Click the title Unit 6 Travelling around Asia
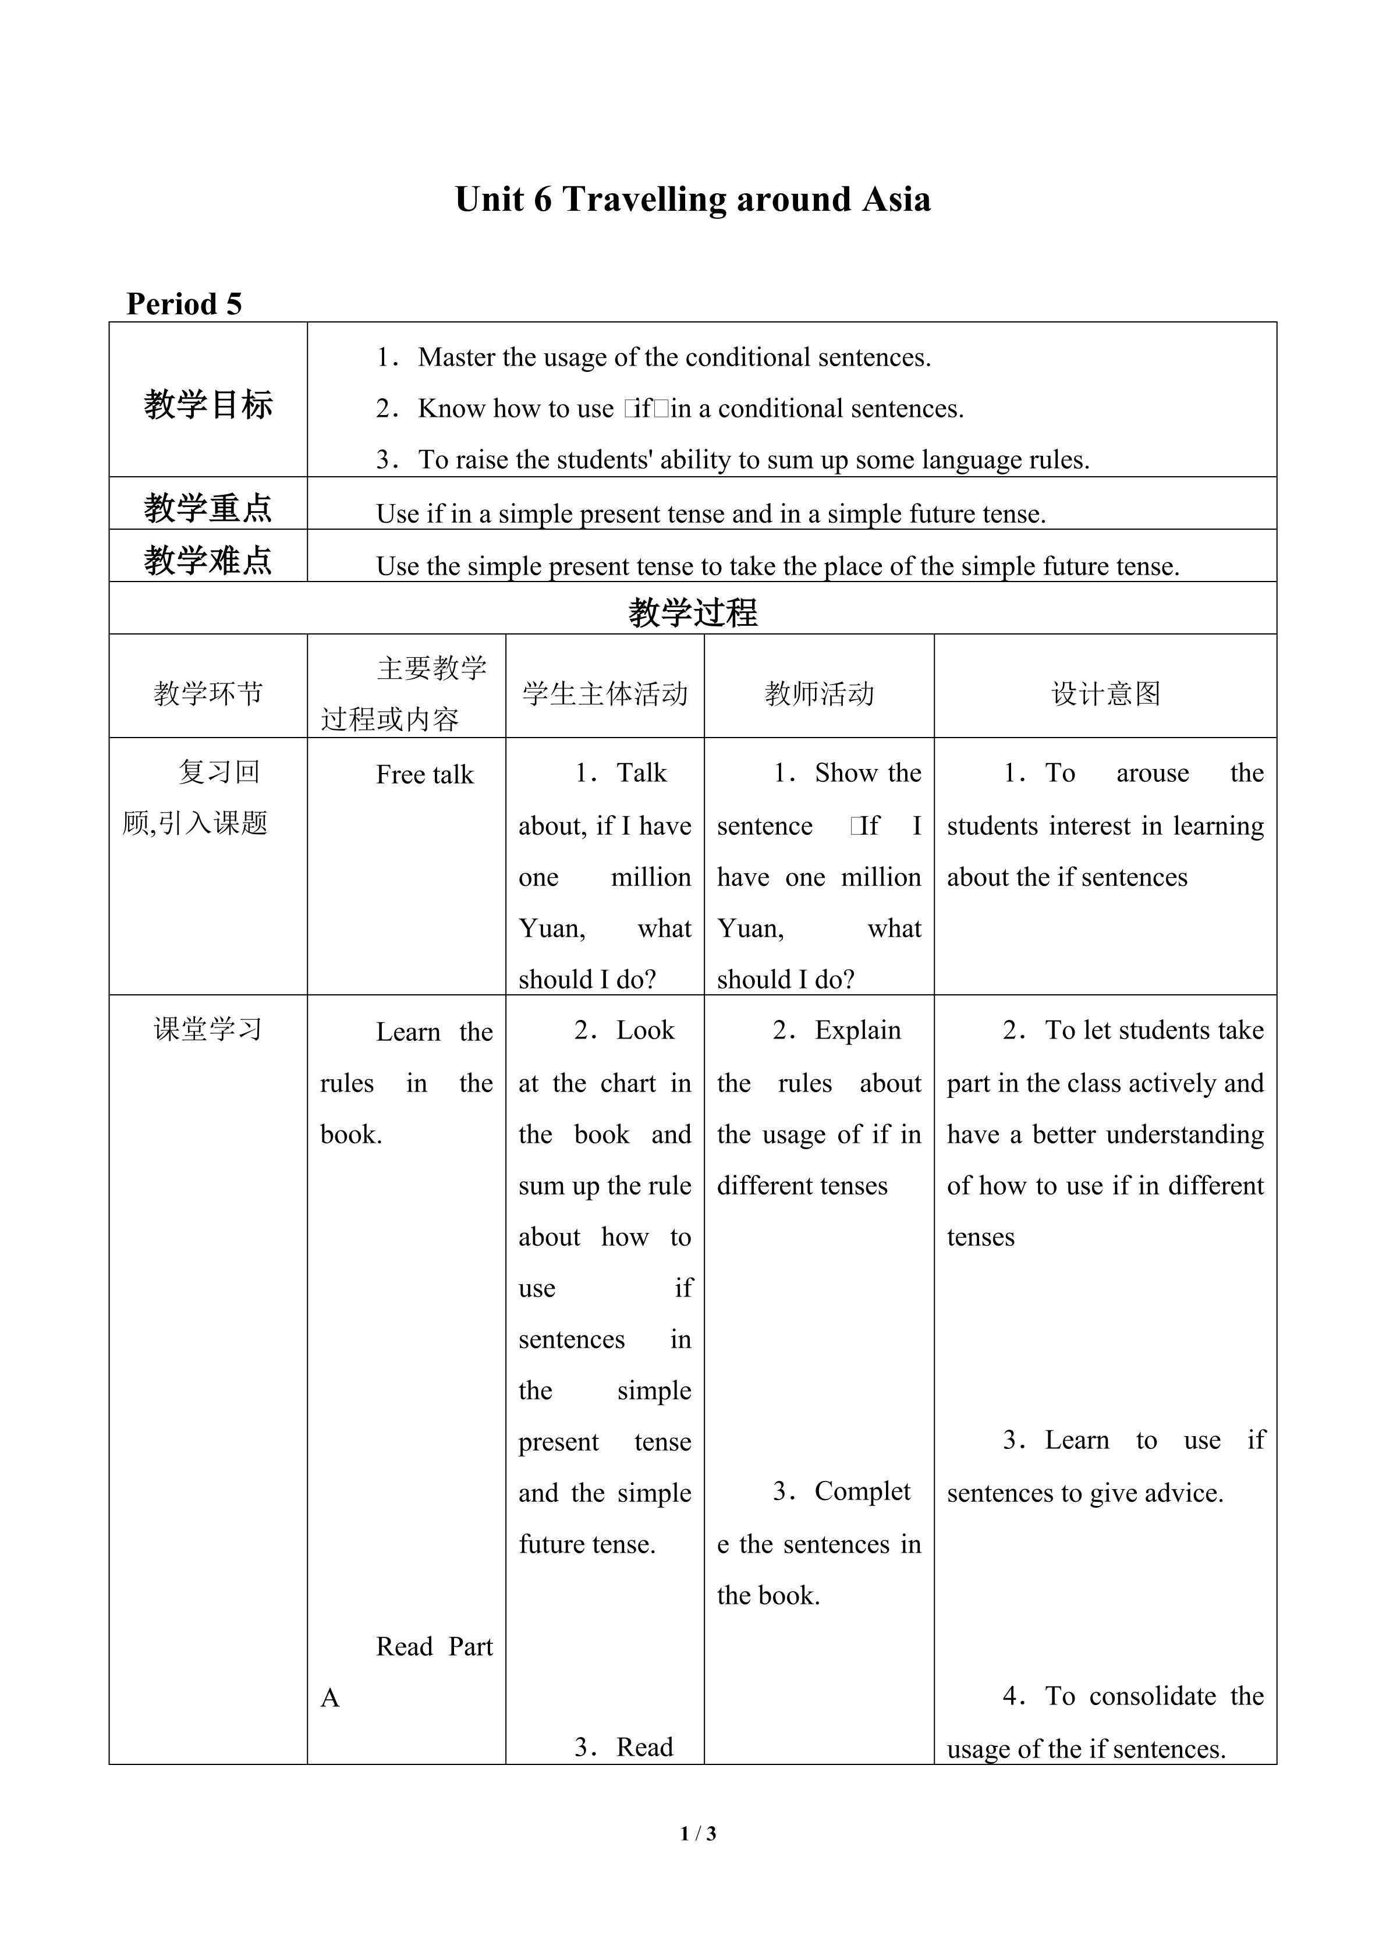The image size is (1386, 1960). pyautogui.click(x=692, y=200)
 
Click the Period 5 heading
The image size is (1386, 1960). pyautogui.click(x=185, y=304)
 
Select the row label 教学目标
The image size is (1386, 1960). pyautogui.click(x=208, y=404)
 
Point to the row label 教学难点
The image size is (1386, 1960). pyautogui.click(x=208, y=560)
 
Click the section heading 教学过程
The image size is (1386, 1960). pyautogui.click(x=692, y=612)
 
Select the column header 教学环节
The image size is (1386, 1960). pyautogui.click(x=208, y=693)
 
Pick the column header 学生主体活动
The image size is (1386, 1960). pyautogui.click(x=604, y=693)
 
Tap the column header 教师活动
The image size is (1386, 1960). pyautogui.click(x=819, y=693)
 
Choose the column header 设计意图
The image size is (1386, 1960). pyautogui.click(x=1105, y=693)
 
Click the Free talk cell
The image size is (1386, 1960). pyautogui.click(x=424, y=774)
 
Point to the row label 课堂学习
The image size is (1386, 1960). pyautogui.click(x=208, y=1030)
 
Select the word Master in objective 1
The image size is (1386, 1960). pyautogui.click(x=456, y=357)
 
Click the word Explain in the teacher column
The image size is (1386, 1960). pyautogui.click(x=857, y=1030)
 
